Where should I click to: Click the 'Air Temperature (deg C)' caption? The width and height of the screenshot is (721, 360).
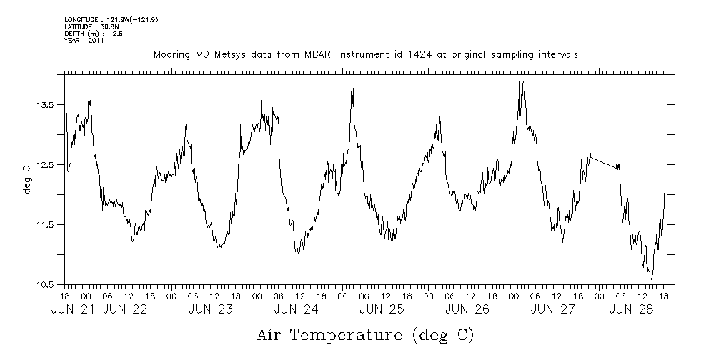tap(365, 334)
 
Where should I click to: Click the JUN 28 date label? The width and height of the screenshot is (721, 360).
tap(633, 309)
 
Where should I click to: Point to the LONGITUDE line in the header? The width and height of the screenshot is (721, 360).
tap(111, 19)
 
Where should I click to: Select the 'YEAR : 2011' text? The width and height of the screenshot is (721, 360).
tap(84, 41)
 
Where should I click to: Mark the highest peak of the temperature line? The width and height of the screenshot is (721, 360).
tap(522, 81)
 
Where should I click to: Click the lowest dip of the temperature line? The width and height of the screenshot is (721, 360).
tap(650, 279)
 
